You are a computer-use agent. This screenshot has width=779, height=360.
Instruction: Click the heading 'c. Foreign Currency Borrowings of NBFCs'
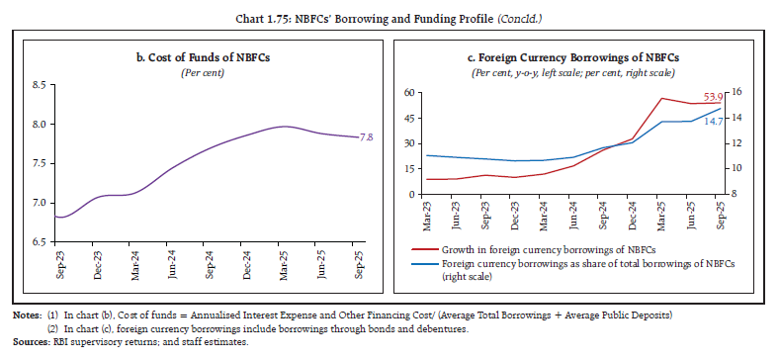[x=581, y=57]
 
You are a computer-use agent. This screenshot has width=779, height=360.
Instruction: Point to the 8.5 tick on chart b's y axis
[x=39, y=85]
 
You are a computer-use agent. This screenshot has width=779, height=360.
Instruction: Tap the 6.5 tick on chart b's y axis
[x=39, y=241]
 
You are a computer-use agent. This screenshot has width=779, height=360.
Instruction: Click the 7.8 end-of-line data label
[x=367, y=137]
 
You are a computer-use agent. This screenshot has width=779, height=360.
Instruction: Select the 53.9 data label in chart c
[x=712, y=96]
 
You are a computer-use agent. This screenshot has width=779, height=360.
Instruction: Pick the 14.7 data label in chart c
[x=712, y=121]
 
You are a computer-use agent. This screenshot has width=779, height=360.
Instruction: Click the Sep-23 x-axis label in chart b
[x=59, y=264]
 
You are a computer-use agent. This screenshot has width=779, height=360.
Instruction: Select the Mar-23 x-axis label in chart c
[x=426, y=212]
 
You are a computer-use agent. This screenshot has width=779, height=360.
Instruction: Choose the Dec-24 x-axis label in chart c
[x=633, y=212]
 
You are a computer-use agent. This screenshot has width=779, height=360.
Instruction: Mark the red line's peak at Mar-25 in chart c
[x=662, y=98]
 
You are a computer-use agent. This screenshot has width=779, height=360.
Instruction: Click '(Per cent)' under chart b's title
[x=200, y=72]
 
